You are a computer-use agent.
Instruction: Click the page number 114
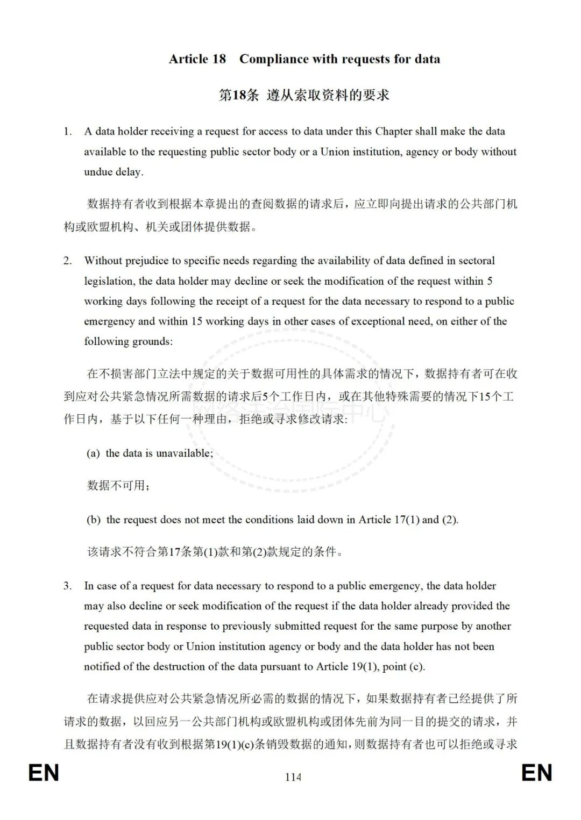click(293, 776)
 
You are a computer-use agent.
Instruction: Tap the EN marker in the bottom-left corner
click(44, 773)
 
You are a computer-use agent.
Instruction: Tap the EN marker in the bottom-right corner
click(536, 773)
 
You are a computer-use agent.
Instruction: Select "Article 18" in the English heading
click(197, 59)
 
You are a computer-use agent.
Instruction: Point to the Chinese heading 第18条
click(238, 95)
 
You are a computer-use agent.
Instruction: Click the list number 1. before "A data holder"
click(67, 132)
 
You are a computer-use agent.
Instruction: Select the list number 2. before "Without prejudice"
click(67, 261)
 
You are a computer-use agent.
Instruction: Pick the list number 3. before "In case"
click(67, 586)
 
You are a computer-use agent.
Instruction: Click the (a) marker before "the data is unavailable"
click(93, 454)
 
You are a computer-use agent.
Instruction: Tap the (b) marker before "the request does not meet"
click(94, 520)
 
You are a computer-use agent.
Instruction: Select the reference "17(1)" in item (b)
click(407, 520)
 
